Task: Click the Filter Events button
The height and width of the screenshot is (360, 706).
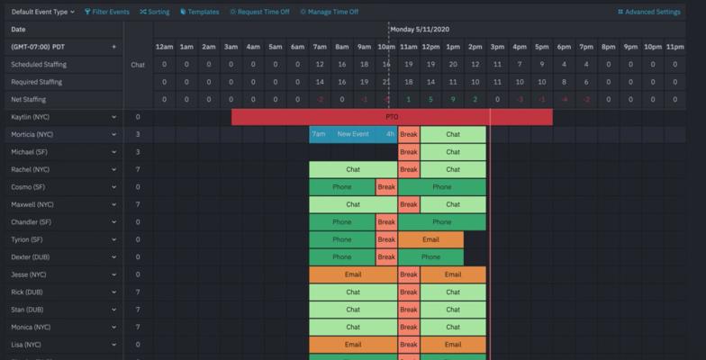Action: tap(107, 12)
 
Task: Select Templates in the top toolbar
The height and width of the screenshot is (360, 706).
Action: tap(200, 12)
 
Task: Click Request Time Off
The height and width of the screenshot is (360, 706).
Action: tap(259, 12)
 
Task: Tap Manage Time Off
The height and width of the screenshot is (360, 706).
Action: tap(329, 12)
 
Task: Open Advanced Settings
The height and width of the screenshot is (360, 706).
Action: tap(649, 12)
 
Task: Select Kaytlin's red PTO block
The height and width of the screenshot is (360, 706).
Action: tap(392, 117)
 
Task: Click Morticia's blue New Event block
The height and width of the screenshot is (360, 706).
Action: tap(353, 134)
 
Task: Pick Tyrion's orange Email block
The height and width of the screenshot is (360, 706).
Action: tap(430, 239)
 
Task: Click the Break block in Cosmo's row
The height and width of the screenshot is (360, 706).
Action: tap(386, 187)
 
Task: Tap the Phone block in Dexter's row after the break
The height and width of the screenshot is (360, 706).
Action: tap(430, 256)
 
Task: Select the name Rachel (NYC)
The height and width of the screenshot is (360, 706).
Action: tap(32, 169)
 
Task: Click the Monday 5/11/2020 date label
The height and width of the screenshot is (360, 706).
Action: tap(425, 29)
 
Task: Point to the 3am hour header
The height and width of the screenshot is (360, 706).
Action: tap(231, 47)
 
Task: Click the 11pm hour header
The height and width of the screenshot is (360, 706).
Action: tap(674, 47)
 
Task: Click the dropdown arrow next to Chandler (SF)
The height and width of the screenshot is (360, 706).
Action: tap(113, 222)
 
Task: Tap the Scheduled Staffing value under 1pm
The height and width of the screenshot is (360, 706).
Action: tap(453, 65)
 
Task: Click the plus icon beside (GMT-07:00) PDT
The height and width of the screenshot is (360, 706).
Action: tap(113, 47)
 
